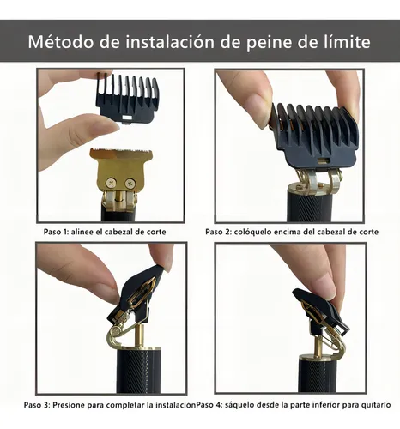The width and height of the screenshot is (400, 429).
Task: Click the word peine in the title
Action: pyautogui.click(x=279, y=41)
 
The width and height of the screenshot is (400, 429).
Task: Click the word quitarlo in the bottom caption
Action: pyautogui.click(x=375, y=404)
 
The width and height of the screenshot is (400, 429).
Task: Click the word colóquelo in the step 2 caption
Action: pyautogui.click(x=258, y=233)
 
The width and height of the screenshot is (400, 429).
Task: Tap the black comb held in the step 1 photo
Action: pyautogui.click(x=127, y=103)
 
